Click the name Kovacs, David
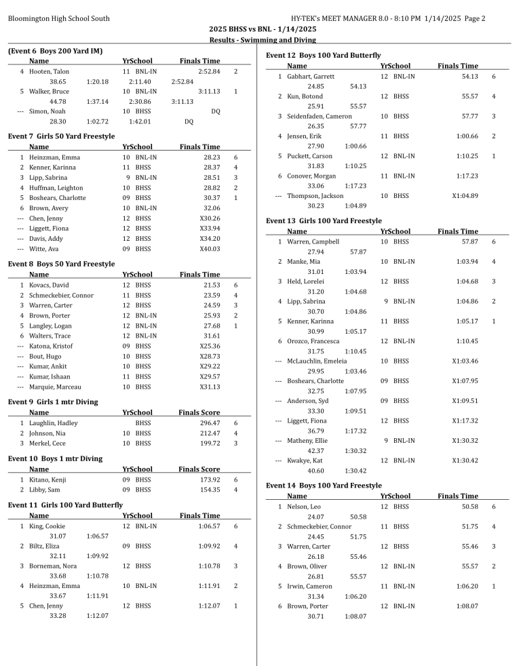click(x=49, y=285)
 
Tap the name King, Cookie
click(x=47, y=526)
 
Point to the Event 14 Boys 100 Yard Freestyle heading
click(x=324, y=486)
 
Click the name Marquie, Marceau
click(x=51, y=387)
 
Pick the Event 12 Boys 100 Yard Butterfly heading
click(x=324, y=56)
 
